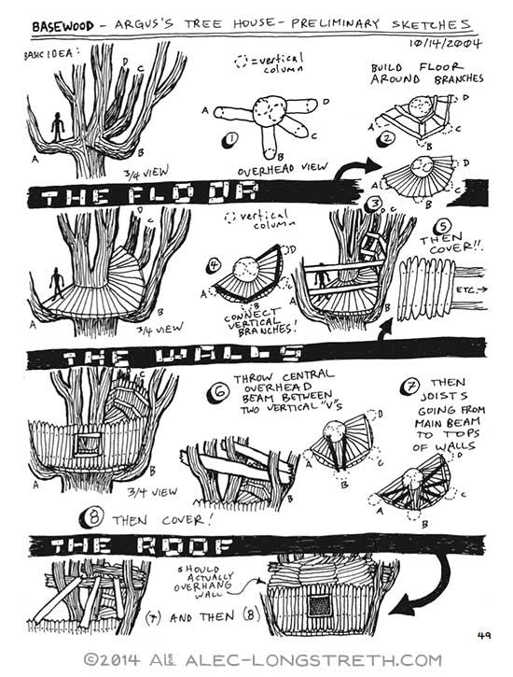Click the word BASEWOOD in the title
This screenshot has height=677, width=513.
tap(62, 26)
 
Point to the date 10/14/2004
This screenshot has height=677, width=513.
tap(445, 43)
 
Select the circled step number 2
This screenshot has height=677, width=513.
tap(386, 139)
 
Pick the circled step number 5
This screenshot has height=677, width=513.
tap(444, 227)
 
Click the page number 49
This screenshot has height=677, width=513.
tap(484, 635)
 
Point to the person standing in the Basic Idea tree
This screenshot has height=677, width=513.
tap(57, 127)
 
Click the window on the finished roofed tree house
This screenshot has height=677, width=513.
tap(320, 606)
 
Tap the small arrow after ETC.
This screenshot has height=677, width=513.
tap(481, 289)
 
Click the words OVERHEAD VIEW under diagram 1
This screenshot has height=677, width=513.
tap(283, 169)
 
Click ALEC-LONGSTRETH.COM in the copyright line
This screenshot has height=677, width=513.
tap(313, 660)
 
